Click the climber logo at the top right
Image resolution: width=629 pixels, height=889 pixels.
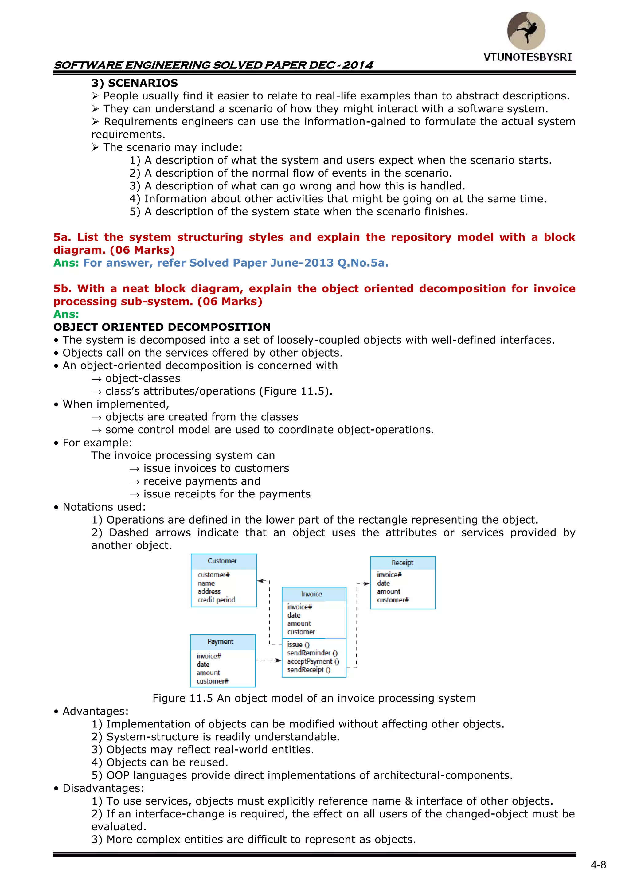[x=526, y=31]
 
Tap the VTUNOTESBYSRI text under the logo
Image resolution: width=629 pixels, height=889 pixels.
[x=528, y=57]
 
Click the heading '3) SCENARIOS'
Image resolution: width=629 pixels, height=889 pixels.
[x=135, y=83]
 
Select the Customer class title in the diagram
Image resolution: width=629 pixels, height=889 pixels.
[x=222, y=561]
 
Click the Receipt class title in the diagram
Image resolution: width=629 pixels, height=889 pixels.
[x=402, y=563]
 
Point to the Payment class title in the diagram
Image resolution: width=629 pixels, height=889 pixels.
[x=221, y=641]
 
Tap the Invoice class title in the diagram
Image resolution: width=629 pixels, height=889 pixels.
[x=311, y=594]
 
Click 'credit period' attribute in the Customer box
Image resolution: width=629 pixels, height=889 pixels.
[x=217, y=600]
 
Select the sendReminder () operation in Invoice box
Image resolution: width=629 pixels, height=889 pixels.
[x=312, y=653]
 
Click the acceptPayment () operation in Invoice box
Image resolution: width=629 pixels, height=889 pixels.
[x=313, y=661]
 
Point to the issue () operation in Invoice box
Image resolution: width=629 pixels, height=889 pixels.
[x=298, y=645]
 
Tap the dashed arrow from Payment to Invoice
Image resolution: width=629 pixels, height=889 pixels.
[x=268, y=661]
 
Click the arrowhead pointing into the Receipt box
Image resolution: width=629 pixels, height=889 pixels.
[x=366, y=583]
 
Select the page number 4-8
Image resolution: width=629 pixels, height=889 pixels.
[x=598, y=865]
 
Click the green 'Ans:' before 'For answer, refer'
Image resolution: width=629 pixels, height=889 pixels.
[x=66, y=263]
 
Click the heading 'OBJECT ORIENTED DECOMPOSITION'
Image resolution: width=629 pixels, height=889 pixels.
[x=162, y=327]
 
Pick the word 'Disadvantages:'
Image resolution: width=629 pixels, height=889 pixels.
[x=103, y=788]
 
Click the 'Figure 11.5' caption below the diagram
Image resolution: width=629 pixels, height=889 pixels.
[x=314, y=698]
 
